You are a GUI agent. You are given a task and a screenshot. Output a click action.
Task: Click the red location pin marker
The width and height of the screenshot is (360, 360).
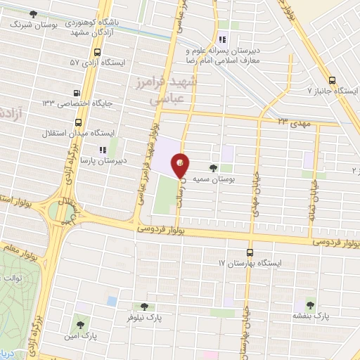[181, 163]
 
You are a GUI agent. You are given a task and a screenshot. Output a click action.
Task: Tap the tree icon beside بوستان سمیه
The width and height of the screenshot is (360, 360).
[213, 168]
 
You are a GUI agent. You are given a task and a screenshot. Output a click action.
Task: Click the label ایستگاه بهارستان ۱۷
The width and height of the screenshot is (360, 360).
[250, 263]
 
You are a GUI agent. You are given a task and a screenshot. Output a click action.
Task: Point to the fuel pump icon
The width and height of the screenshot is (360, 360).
[77, 92]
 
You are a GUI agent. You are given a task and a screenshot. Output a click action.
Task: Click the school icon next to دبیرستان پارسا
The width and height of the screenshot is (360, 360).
[102, 149]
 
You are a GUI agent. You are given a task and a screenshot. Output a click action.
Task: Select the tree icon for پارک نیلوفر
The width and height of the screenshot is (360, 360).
[144, 306]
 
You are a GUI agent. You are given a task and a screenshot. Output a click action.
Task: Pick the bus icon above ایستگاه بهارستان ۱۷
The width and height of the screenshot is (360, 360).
[250, 252]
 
